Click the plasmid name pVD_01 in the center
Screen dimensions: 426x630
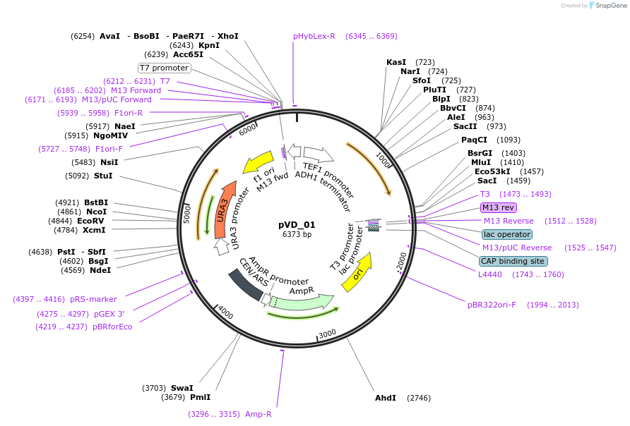[x=297, y=225]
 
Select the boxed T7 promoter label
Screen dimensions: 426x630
[x=165, y=68]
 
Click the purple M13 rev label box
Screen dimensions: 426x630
[x=499, y=207]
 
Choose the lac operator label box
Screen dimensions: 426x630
[x=507, y=234]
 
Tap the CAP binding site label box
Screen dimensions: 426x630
[x=513, y=261]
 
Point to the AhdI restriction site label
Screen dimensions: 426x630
[x=386, y=398]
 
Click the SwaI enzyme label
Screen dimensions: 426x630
[x=182, y=388]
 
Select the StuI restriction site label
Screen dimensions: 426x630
[x=103, y=176]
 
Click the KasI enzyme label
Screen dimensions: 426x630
[x=396, y=62]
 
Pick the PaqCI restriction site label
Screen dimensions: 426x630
[x=475, y=140]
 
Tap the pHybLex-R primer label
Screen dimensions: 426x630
[x=314, y=36]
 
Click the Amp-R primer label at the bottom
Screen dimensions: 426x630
[x=258, y=414]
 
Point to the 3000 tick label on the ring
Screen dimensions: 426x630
[x=327, y=333]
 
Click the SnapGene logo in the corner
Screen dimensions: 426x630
[x=605, y=5]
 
